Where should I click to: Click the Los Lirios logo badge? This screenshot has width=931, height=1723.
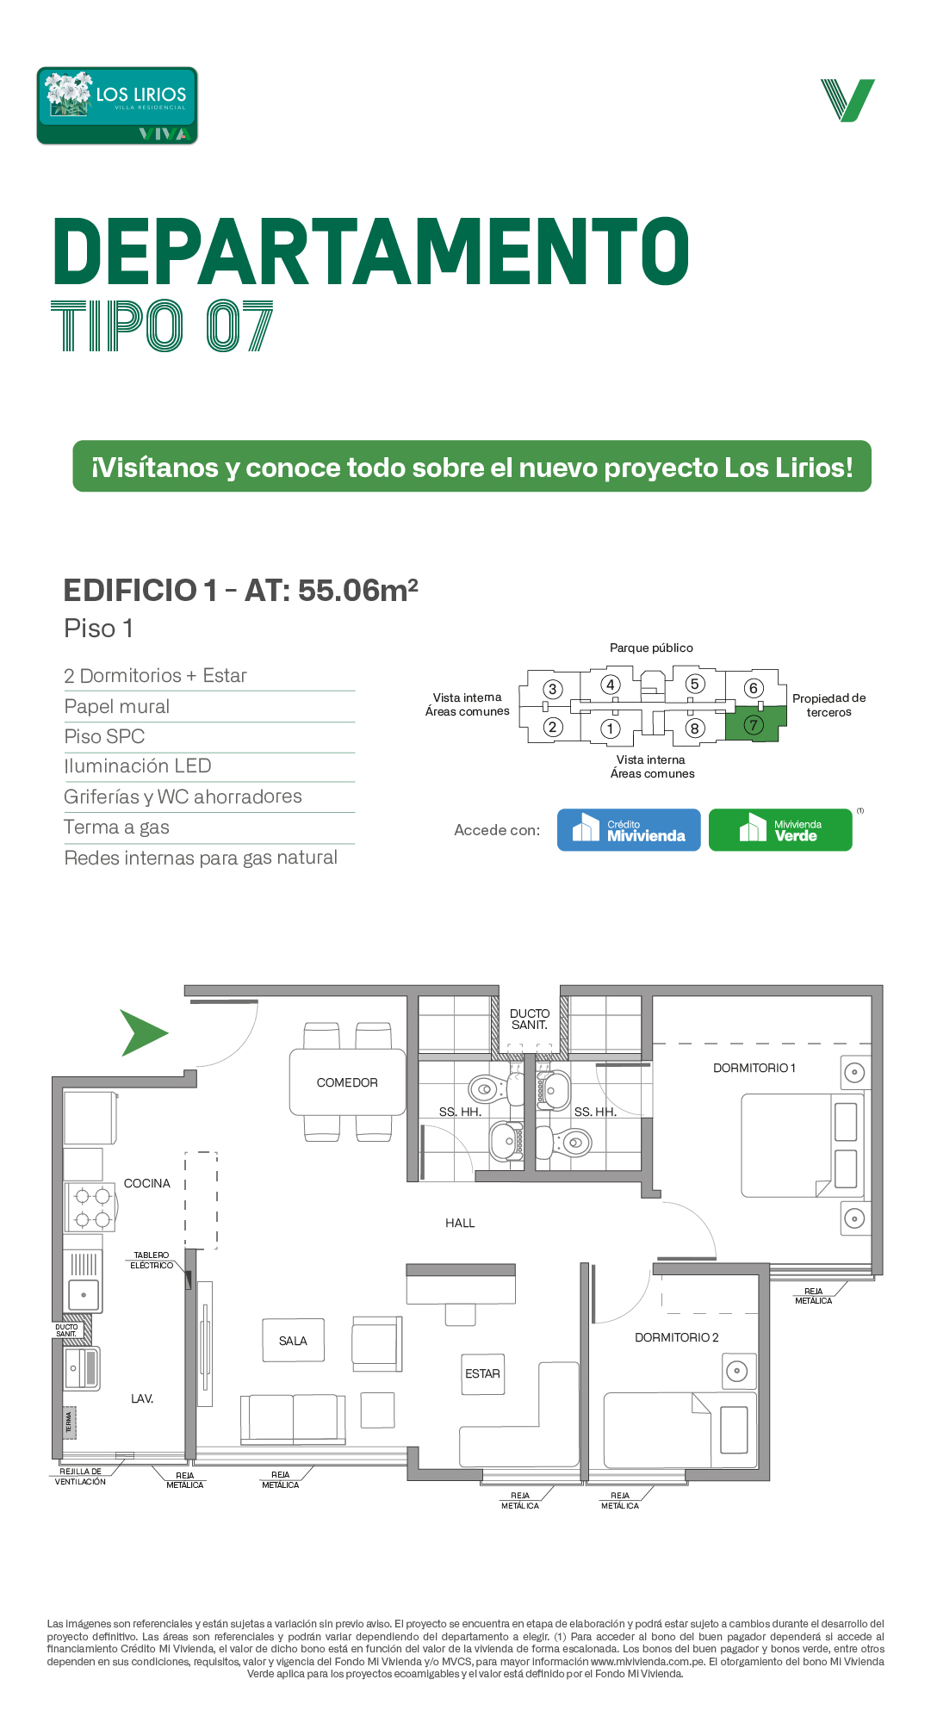(117, 105)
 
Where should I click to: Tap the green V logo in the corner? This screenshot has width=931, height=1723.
(847, 100)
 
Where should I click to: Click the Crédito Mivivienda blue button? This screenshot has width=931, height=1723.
(629, 830)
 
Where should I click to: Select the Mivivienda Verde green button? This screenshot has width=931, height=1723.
(780, 830)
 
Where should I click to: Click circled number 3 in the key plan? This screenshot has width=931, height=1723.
(553, 689)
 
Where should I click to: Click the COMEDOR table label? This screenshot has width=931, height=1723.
(347, 1082)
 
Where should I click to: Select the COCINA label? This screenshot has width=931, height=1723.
(147, 1183)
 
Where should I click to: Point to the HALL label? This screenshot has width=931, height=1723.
(460, 1223)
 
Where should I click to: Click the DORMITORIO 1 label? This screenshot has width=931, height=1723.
(754, 1068)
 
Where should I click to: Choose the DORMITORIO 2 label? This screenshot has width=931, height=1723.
(677, 1337)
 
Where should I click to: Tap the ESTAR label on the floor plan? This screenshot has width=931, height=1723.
(482, 1373)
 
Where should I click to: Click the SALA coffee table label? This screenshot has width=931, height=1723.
(293, 1341)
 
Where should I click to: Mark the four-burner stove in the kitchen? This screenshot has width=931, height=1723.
(92, 1207)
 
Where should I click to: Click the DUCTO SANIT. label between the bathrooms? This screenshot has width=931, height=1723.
(530, 1020)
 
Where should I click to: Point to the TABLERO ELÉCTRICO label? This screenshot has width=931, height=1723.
(152, 1260)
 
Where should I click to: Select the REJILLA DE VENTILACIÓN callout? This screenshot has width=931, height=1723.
(81, 1477)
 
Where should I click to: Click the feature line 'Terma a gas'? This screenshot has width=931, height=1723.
(116, 827)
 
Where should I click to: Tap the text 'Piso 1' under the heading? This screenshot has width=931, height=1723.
(99, 629)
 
